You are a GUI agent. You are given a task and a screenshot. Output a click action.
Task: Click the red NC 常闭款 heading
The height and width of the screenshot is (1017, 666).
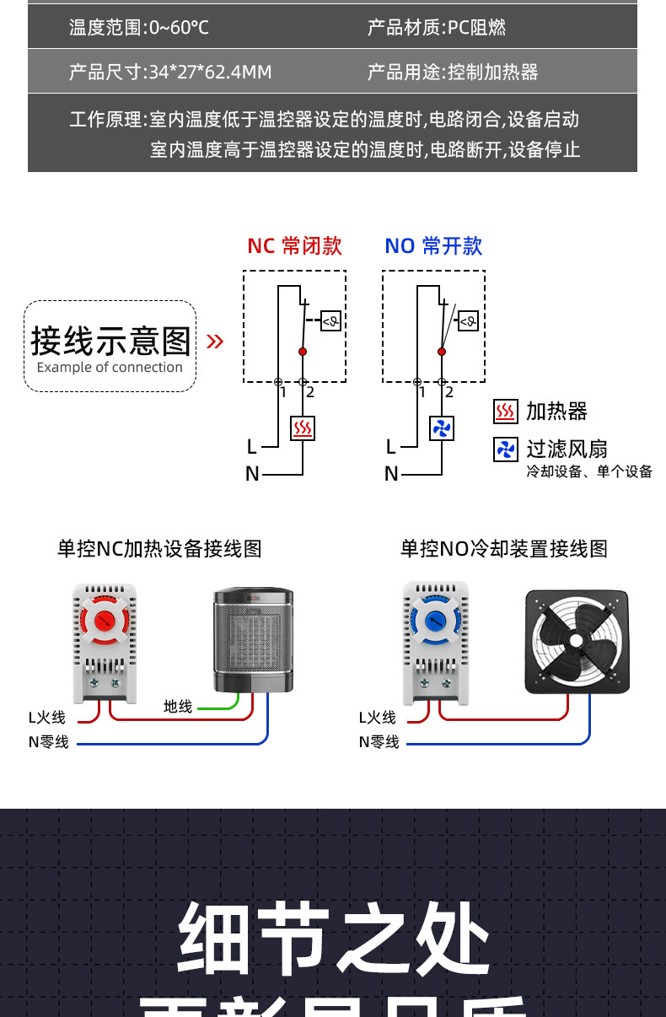tap(294, 245)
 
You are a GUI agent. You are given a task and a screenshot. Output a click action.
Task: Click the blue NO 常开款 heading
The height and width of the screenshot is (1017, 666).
tap(433, 245)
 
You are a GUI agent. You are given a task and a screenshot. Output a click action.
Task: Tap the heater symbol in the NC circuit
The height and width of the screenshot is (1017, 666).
tap(303, 428)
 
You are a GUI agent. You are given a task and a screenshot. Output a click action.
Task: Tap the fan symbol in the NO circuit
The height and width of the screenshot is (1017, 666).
tap(442, 428)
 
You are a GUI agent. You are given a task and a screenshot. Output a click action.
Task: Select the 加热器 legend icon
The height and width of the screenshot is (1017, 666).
tap(505, 412)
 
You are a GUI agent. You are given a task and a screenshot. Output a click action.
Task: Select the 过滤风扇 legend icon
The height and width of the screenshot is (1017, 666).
tap(505, 449)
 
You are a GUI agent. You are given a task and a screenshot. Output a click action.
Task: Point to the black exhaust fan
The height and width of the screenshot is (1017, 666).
tap(577, 641)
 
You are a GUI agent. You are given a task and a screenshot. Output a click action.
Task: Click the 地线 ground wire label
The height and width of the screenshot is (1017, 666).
tap(178, 707)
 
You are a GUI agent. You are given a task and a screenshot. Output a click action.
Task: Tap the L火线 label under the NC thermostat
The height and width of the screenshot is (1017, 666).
tap(46, 718)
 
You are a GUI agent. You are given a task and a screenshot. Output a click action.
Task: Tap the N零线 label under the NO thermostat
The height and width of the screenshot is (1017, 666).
tap(379, 742)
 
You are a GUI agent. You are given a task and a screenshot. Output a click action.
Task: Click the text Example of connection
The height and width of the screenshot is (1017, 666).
tap(110, 368)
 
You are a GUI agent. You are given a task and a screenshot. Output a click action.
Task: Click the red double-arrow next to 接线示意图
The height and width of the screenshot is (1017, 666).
tap(215, 341)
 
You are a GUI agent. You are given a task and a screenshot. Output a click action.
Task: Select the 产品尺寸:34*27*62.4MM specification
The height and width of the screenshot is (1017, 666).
tap(170, 73)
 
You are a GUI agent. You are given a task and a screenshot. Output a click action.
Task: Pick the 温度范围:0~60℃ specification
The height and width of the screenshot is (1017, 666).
tap(139, 28)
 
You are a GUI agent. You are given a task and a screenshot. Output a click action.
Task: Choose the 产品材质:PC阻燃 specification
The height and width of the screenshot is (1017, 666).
tap(436, 28)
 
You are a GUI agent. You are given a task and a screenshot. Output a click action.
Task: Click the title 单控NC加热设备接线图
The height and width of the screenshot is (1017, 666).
tap(159, 549)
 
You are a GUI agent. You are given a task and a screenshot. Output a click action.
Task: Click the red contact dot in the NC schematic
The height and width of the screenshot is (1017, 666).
tap(303, 351)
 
